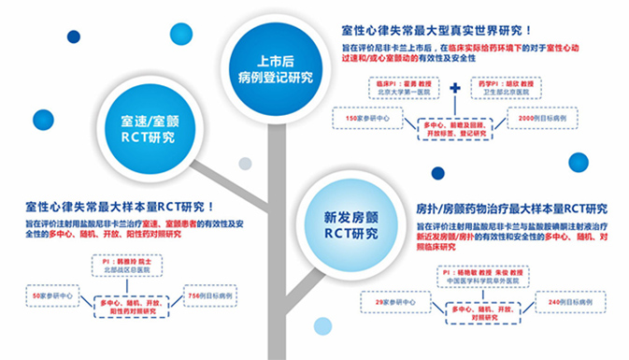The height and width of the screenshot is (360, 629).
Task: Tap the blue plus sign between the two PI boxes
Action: [x=455, y=90]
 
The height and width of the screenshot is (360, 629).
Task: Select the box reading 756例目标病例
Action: [x=213, y=296]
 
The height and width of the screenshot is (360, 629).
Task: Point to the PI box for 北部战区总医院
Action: [x=129, y=265]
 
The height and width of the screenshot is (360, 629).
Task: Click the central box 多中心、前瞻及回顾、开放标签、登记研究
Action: [x=455, y=128]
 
